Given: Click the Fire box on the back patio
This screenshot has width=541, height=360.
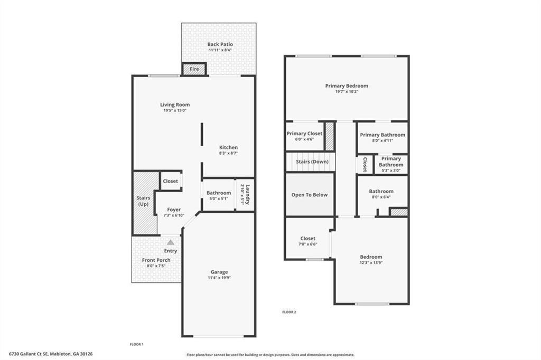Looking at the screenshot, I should click(194, 69).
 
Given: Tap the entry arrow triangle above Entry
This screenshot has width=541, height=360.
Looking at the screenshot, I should click(170, 242).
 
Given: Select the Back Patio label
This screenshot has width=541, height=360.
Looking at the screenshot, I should click(220, 44).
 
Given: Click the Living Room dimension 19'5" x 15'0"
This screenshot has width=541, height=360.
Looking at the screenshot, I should click(175, 111).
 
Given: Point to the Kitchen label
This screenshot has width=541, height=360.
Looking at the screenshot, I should click(228, 147).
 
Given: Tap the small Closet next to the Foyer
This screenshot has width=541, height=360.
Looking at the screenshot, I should click(171, 181).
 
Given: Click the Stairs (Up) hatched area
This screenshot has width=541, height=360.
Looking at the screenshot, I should click(144, 203).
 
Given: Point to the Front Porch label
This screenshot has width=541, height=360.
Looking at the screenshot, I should click(156, 260).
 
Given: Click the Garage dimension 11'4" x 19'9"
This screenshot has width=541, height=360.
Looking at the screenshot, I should click(219, 278).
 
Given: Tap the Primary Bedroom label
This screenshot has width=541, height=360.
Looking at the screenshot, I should click(347, 86).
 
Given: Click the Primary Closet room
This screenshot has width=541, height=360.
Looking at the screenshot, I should click(304, 136).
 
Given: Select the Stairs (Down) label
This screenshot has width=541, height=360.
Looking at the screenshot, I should click(312, 162).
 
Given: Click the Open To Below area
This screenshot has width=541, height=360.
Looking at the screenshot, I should click(310, 195).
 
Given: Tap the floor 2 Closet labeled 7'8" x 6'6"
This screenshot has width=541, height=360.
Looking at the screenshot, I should click(307, 241).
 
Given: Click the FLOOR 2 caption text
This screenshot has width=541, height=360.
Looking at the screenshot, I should click(289, 312).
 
